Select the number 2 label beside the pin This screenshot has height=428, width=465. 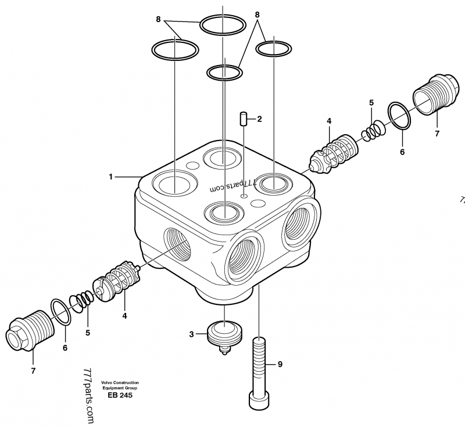coord(259,119)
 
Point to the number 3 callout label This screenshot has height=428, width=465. coord(191,334)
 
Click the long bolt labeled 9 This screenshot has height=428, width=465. coord(259,366)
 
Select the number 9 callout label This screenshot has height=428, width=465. coord(280,364)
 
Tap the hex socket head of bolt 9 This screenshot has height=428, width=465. coord(259,400)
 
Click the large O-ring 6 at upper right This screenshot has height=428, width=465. coord(399,116)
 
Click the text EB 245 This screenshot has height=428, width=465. coord(120,395)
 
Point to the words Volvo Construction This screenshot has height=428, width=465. coord(120,382)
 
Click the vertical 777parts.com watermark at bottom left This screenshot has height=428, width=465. coord(88,395)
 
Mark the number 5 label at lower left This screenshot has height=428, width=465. coord(88,333)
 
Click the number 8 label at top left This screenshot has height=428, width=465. coord(158,19)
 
